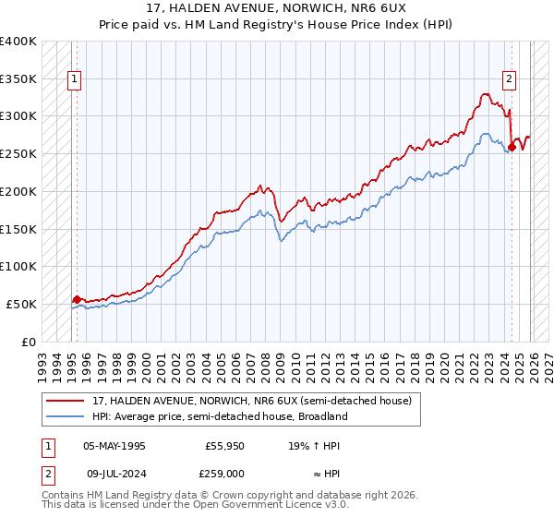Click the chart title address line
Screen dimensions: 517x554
tap(276, 7)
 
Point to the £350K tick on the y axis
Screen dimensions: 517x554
tap(18, 79)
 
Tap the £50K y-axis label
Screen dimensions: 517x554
tap(21, 304)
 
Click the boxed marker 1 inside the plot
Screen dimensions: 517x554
tap(75, 80)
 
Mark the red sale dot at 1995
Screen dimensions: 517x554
tap(77, 299)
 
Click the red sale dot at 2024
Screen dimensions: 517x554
tap(512, 147)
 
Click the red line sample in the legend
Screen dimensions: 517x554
tap(65, 401)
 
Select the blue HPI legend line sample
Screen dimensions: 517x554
tap(65, 416)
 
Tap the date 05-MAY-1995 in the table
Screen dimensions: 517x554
tap(114, 446)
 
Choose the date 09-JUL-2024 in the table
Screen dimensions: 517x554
tap(114, 474)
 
